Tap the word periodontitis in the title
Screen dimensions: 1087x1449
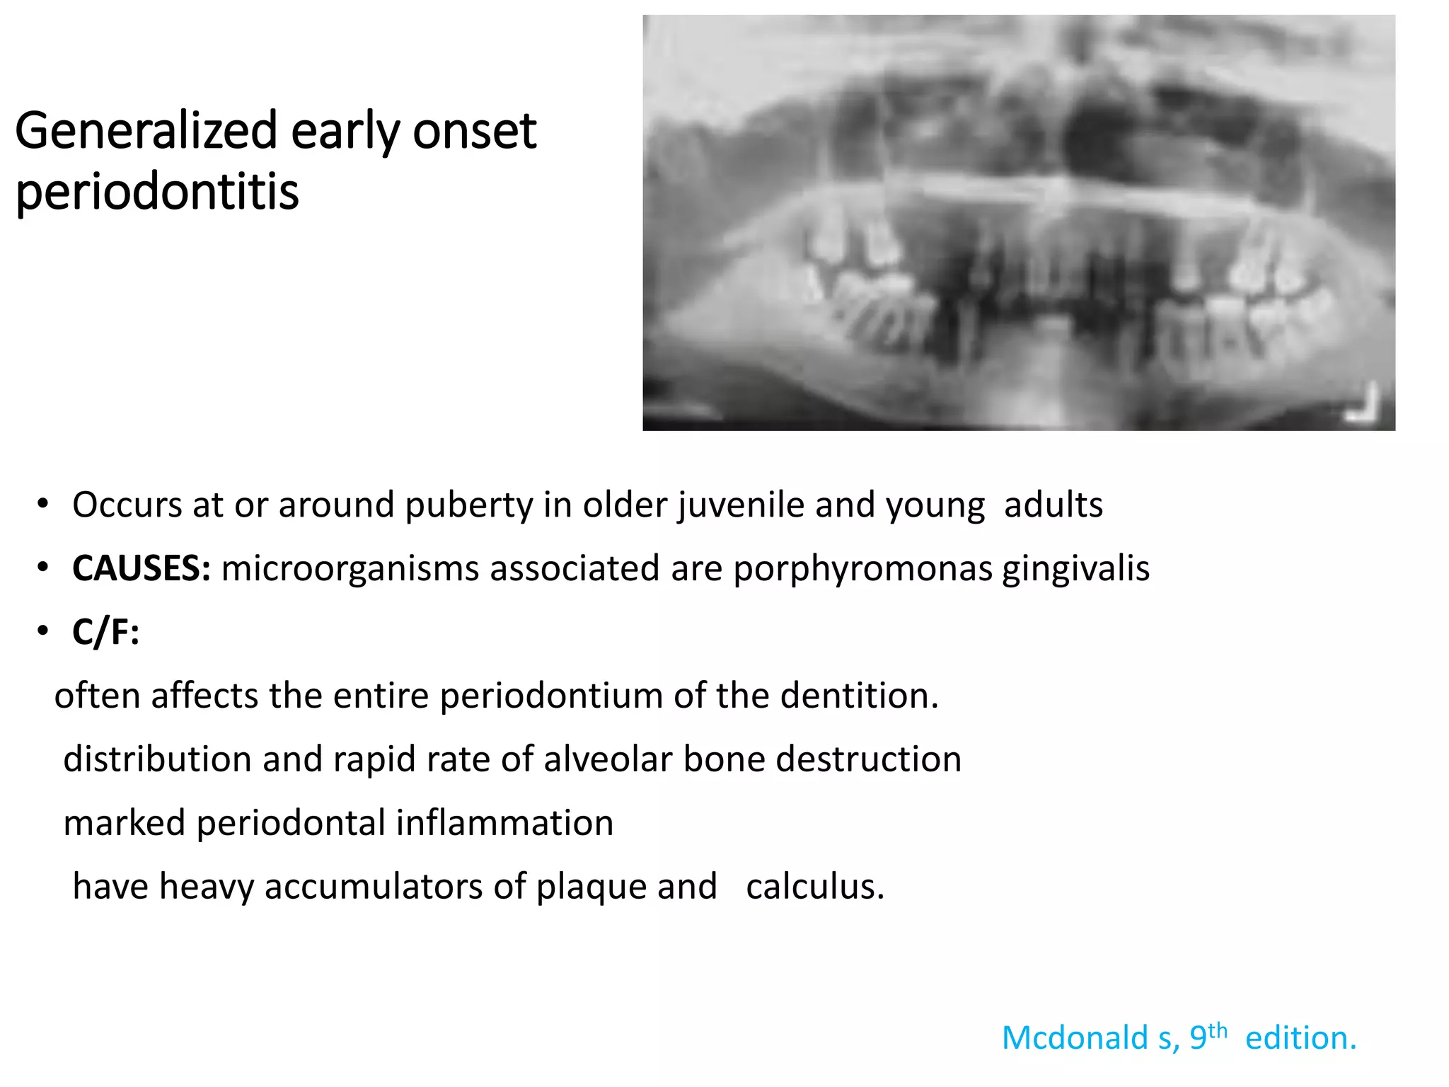pos(157,192)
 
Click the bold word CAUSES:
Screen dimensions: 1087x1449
pos(142,568)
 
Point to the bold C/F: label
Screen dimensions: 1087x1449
pos(106,631)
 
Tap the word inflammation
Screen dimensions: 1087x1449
pos(504,823)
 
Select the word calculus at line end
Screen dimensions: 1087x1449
pos(814,887)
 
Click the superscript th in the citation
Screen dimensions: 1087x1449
pos(1217,1030)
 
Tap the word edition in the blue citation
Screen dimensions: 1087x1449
pos(1300,1038)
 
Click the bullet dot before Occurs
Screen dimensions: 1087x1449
pos(43,505)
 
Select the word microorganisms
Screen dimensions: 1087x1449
pos(350,569)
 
